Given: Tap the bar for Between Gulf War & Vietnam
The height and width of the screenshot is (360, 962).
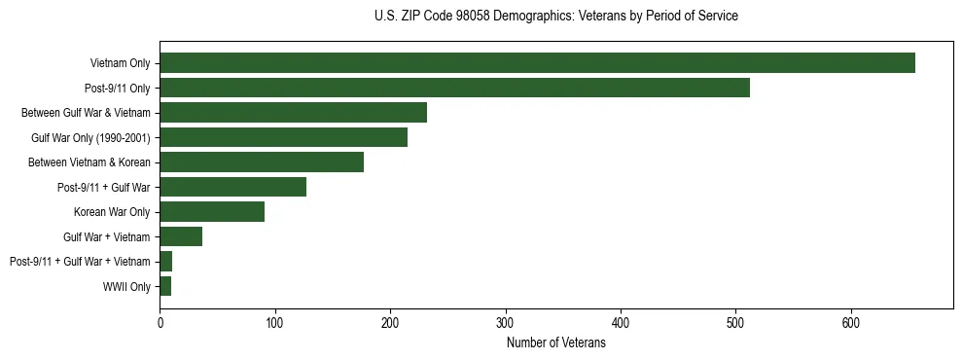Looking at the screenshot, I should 293,113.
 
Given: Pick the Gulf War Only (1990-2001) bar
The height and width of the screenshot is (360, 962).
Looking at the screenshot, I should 283,137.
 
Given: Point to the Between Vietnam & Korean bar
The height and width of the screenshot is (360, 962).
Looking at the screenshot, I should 262,162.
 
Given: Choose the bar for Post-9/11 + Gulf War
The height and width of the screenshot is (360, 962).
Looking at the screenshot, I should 232,187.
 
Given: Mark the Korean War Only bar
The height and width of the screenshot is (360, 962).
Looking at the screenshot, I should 212,212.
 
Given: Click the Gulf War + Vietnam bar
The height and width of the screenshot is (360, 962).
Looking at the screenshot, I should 181,236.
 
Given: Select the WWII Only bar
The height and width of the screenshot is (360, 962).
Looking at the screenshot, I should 165,286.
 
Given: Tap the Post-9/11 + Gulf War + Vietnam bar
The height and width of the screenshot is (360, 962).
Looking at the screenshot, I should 166,262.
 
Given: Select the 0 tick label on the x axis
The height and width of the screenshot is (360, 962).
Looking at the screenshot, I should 160,323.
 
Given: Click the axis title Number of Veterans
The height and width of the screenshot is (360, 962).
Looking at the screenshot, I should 555,342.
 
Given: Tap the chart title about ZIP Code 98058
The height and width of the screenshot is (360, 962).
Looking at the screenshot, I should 555,17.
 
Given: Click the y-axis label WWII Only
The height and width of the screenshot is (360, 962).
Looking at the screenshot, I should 126,287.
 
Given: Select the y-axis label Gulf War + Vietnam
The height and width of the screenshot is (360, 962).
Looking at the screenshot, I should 106,237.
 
